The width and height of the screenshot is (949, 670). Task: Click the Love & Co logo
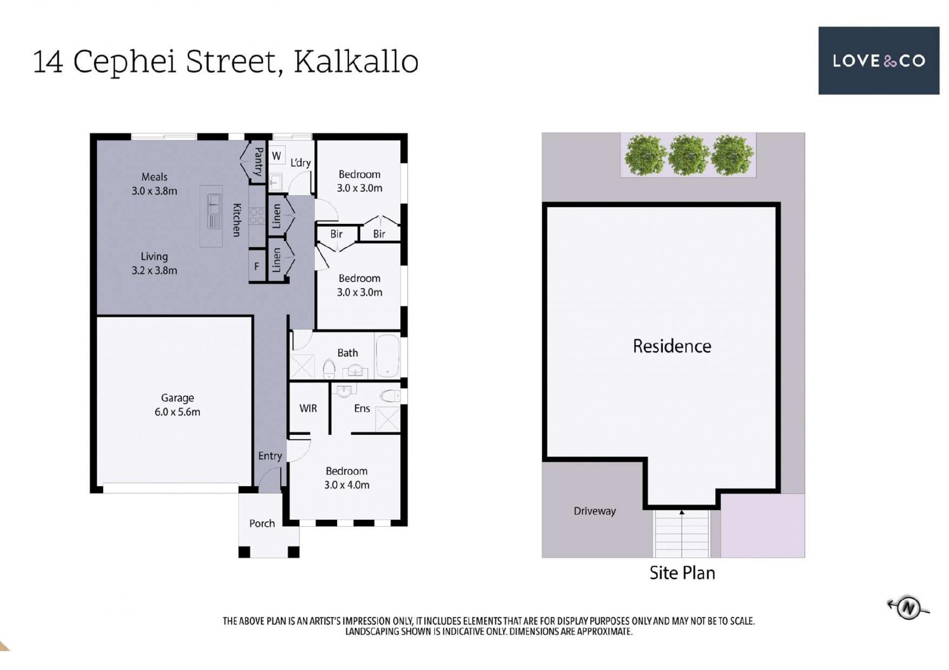[x=878, y=60]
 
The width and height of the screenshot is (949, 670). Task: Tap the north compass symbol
[x=908, y=607]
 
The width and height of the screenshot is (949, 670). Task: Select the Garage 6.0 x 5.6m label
[x=177, y=405]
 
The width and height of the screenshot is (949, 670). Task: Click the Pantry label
[x=258, y=161]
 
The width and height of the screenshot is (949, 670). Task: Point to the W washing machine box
[x=277, y=156]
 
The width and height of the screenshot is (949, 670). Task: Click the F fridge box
[x=257, y=266]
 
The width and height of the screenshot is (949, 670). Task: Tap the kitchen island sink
[x=214, y=204]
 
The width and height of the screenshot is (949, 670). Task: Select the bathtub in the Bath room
[x=388, y=356]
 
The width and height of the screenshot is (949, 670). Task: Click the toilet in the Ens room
[x=390, y=396]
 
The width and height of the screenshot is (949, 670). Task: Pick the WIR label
[x=308, y=408]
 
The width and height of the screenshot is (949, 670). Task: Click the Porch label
[x=262, y=523]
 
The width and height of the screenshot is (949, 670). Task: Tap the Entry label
[x=270, y=456]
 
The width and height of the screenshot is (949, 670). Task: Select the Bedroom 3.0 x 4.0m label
[x=346, y=478]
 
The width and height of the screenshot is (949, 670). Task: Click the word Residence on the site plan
[x=672, y=346]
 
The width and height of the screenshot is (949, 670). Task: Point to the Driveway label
[x=595, y=511]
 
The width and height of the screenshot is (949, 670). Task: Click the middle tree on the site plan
[x=689, y=155]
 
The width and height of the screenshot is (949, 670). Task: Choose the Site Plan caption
[x=682, y=573]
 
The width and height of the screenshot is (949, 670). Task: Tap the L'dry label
[x=301, y=163]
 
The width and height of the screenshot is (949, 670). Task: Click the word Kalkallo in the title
[x=356, y=62]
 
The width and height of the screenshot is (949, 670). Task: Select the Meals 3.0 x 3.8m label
[x=154, y=184]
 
